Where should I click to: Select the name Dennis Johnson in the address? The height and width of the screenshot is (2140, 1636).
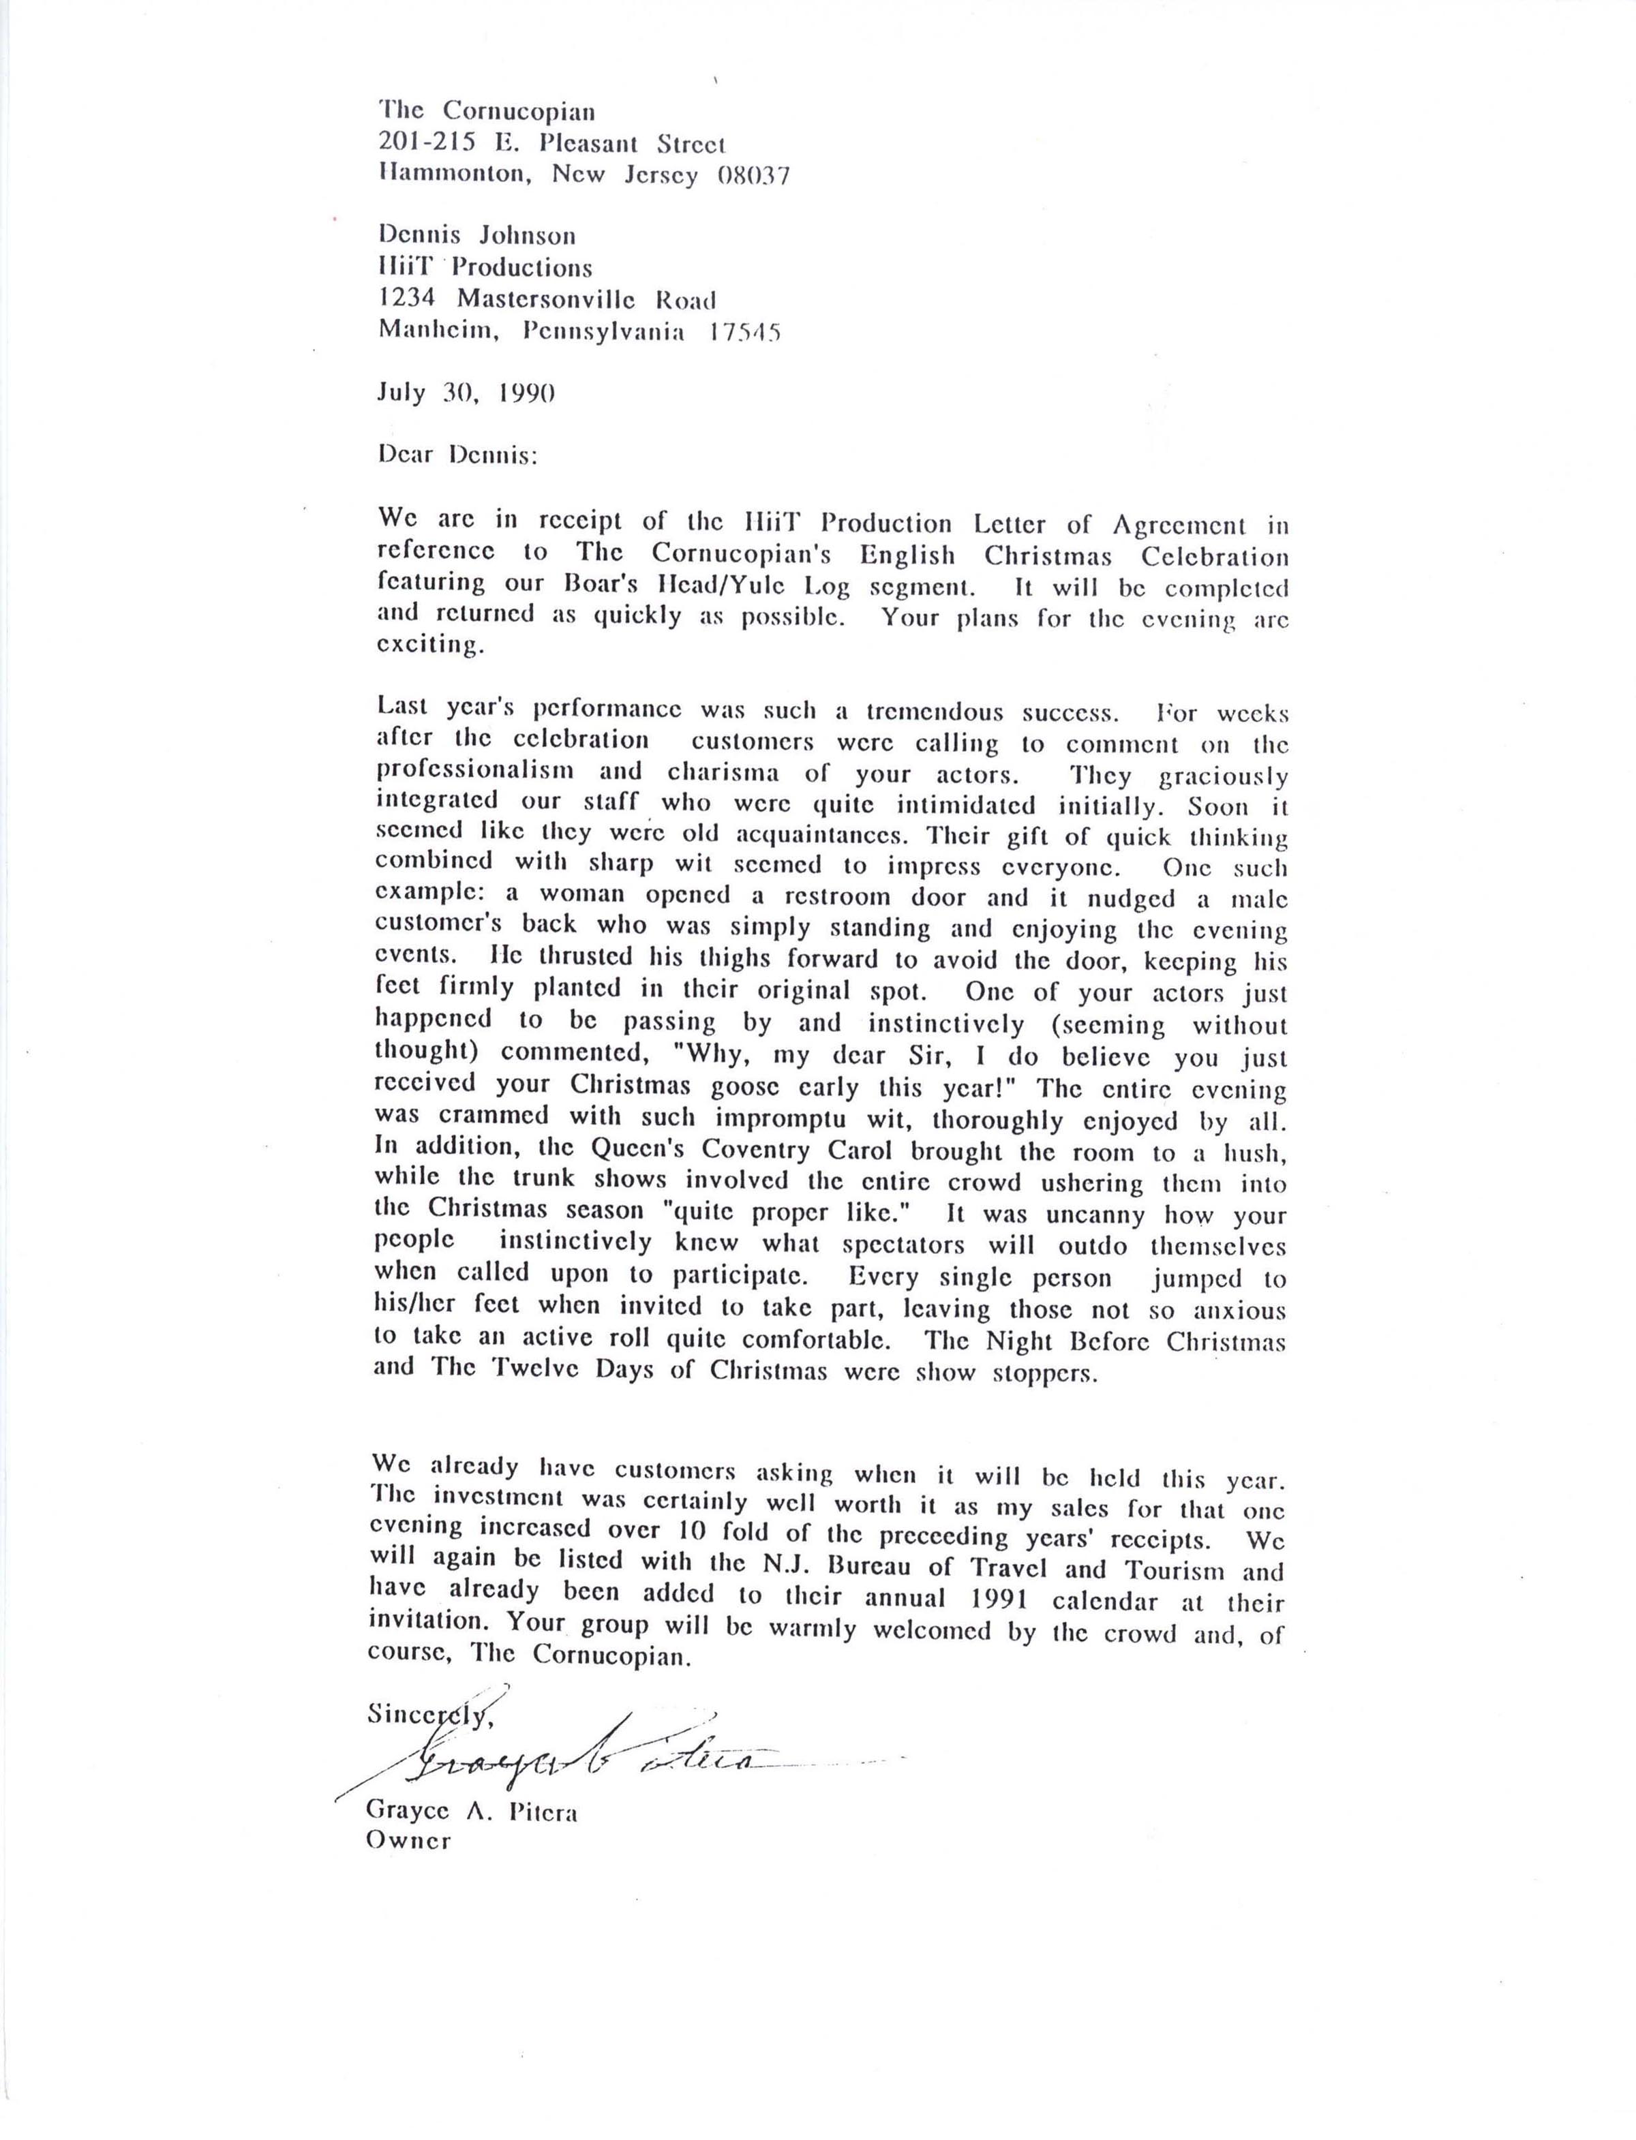(477, 236)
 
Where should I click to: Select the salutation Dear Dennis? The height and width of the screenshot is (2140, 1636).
(457, 455)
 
